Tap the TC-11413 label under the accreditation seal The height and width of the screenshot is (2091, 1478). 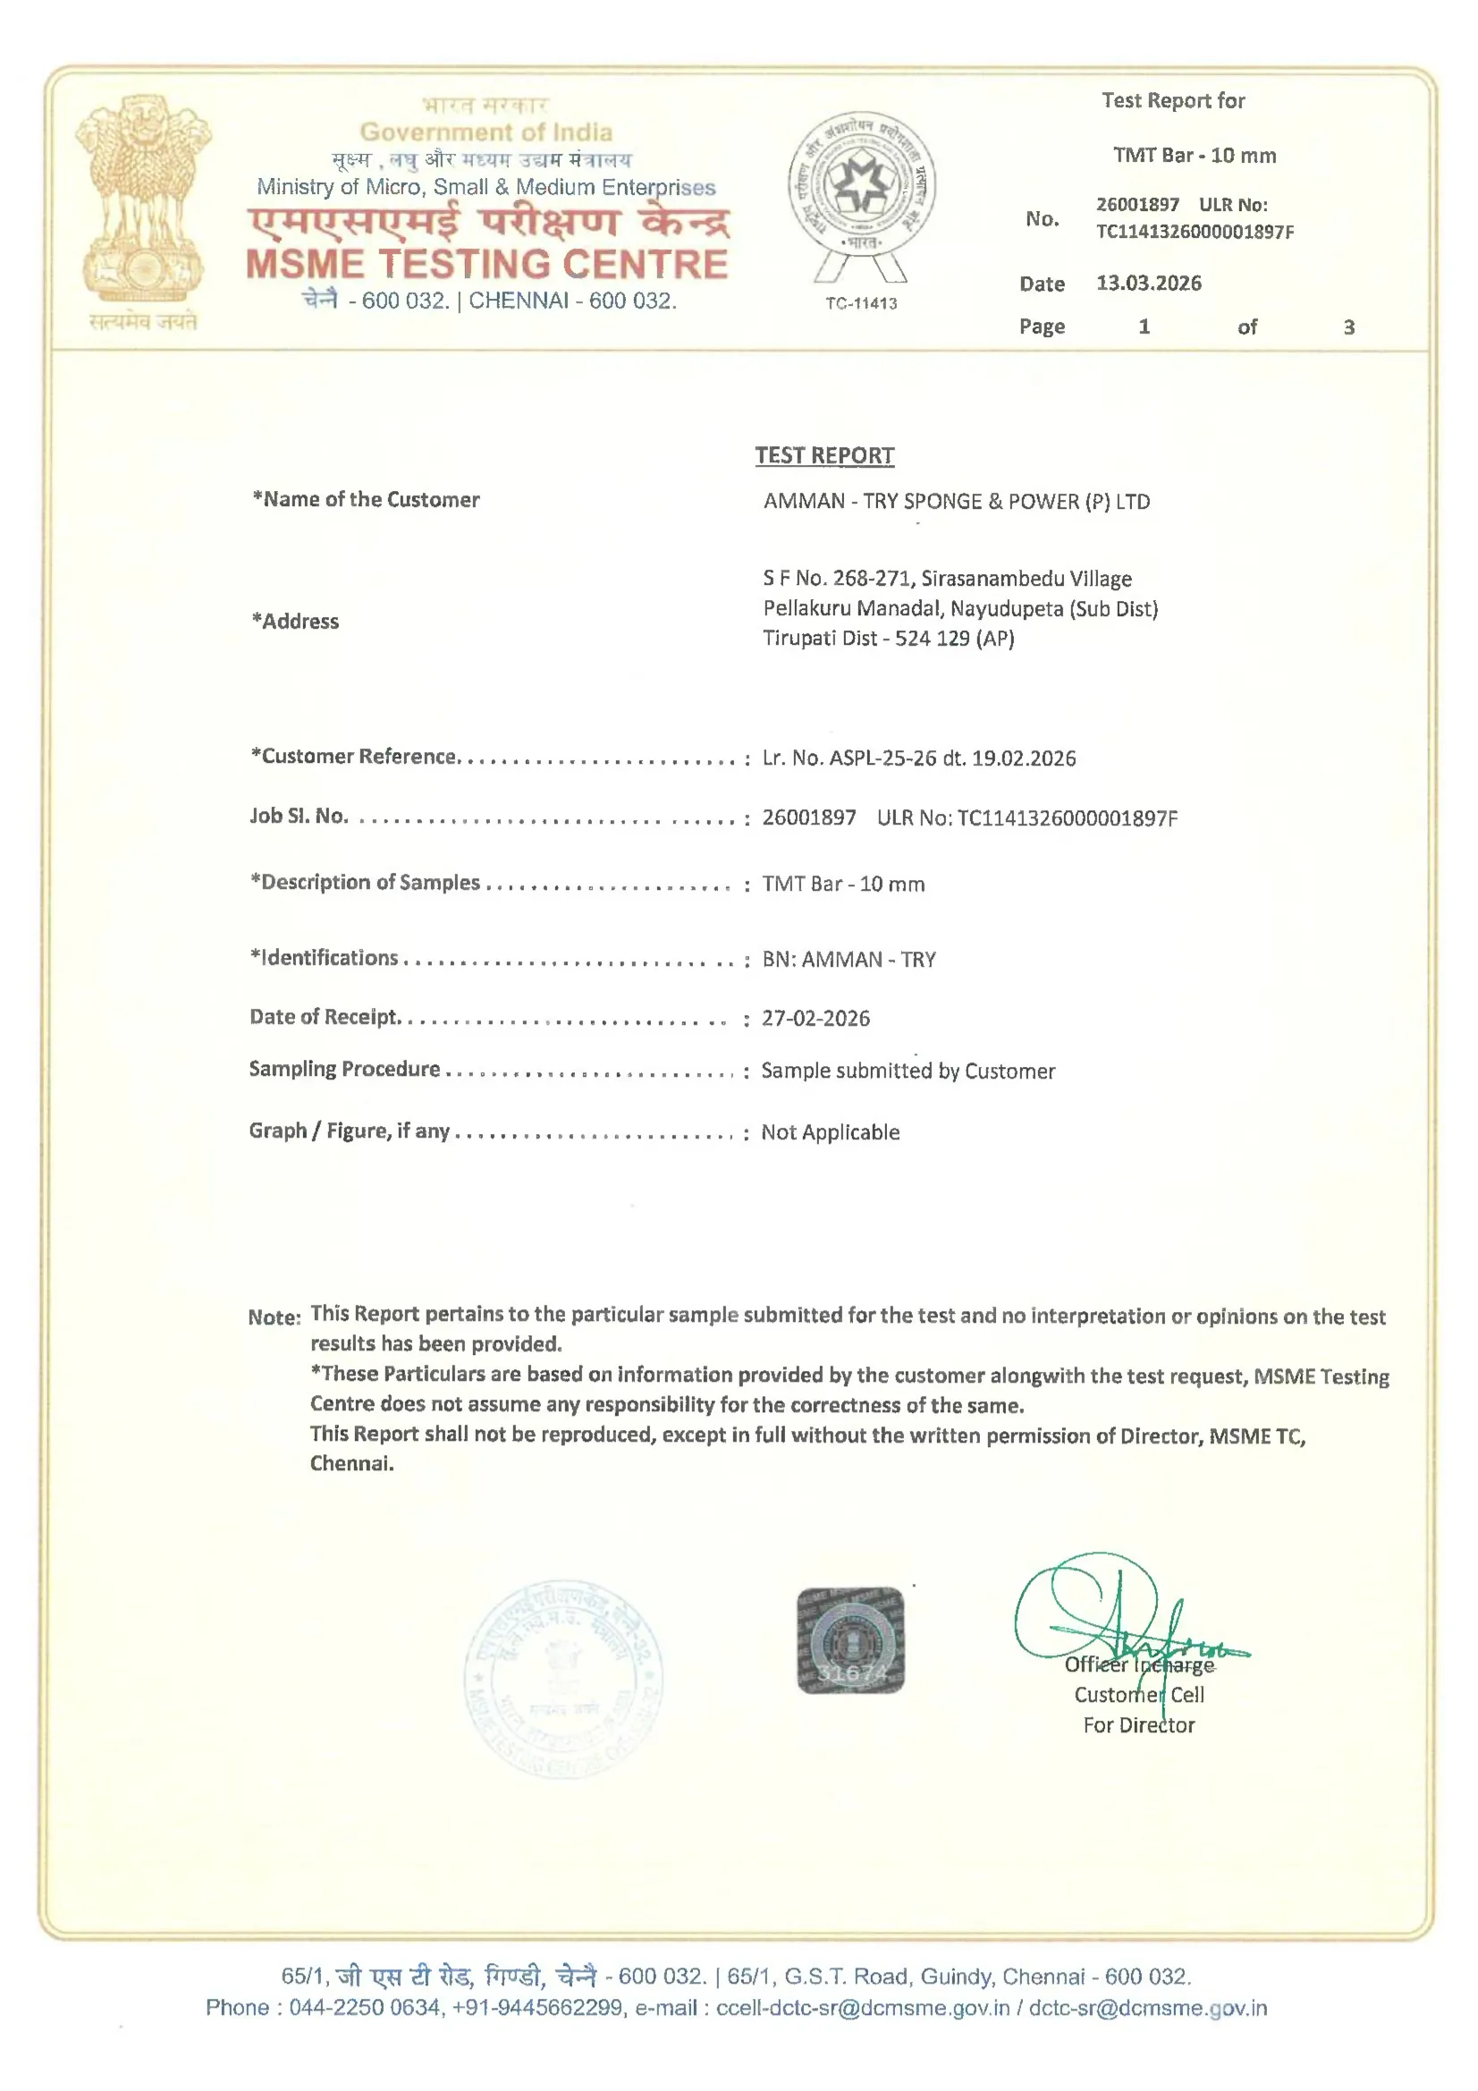860,303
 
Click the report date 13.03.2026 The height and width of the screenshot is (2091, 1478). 1148,284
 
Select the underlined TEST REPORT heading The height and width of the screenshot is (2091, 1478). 824,455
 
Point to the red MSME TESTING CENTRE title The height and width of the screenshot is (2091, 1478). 487,264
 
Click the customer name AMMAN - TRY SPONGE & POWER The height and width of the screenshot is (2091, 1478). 956,501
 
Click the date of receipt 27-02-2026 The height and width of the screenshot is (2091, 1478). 816,1018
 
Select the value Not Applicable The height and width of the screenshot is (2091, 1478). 831,1132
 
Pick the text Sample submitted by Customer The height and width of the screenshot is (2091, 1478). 908,1071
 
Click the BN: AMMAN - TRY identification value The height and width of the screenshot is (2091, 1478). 849,959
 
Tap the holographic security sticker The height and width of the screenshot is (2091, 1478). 849,1640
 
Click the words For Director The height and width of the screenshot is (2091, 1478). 1138,1725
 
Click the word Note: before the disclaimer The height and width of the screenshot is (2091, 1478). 274,1316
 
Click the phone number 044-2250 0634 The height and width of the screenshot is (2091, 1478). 364,2008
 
